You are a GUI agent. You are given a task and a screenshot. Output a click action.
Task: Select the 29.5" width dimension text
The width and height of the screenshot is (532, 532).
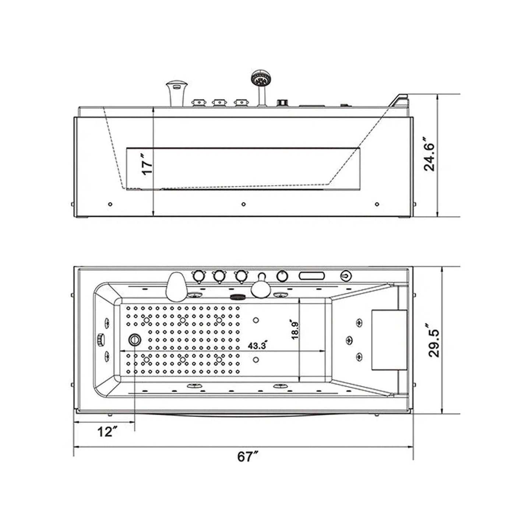pyautogui.click(x=434, y=341)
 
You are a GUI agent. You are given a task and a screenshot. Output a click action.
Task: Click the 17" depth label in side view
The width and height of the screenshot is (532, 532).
pyautogui.click(x=147, y=167)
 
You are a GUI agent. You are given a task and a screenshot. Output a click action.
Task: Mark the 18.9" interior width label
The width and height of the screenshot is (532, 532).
pyautogui.click(x=295, y=330)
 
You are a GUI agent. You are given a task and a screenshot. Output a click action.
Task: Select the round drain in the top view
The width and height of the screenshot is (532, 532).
pyautogui.click(x=134, y=339)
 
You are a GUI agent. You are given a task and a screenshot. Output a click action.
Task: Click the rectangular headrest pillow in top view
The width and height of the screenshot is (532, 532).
pyautogui.click(x=389, y=339)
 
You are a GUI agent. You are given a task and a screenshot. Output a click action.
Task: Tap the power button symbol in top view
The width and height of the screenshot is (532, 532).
pyautogui.click(x=346, y=275)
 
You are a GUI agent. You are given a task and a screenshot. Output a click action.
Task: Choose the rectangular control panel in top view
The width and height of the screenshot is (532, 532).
pyautogui.click(x=311, y=275)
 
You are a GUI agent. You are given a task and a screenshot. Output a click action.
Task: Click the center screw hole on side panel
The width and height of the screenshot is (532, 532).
pyautogui.click(x=243, y=204)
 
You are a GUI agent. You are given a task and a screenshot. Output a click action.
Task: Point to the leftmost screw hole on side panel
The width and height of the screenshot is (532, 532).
pyautogui.click(x=110, y=204)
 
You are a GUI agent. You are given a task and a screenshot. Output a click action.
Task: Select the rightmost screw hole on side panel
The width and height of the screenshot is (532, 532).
pyautogui.click(x=376, y=204)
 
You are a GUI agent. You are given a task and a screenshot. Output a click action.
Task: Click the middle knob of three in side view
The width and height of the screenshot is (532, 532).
pyautogui.click(x=219, y=102)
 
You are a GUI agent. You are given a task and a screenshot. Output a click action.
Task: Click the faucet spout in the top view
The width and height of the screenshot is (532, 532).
pyautogui.click(x=175, y=286)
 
